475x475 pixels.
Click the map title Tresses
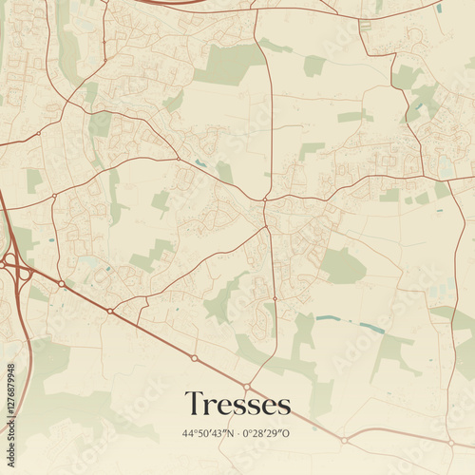tap(237, 404)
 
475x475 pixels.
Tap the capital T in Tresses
tap(194, 403)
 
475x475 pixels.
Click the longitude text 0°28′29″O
tap(267, 433)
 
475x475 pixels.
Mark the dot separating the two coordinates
tap(237, 433)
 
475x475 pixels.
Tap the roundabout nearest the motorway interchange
tap(62, 283)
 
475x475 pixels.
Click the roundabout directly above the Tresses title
tap(246, 386)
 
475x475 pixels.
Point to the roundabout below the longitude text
tap(344, 440)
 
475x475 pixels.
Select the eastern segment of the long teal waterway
tap(371, 328)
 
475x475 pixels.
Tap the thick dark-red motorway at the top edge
tap(171, 3)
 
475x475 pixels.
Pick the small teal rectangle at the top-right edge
tap(438, 9)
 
